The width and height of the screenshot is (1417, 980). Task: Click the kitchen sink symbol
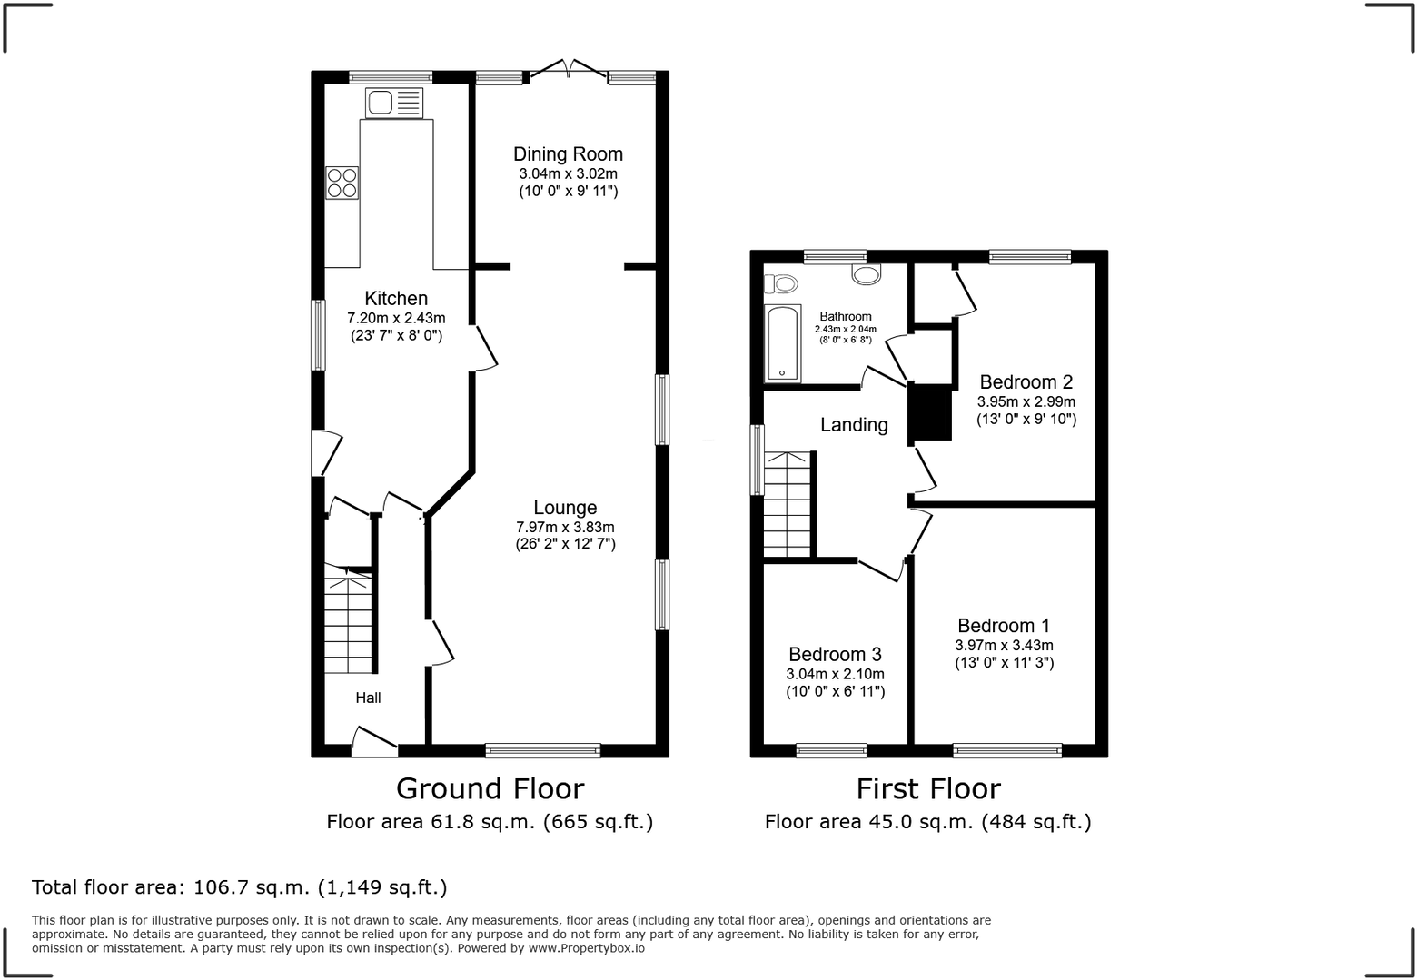click(x=394, y=103)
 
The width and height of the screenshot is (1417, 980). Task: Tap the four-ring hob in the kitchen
click(x=342, y=183)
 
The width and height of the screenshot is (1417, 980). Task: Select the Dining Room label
click(x=568, y=154)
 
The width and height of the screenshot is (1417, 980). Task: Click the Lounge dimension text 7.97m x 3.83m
click(x=565, y=527)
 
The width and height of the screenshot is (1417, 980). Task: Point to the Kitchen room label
click(x=396, y=298)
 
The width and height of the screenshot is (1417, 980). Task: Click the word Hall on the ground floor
click(x=368, y=698)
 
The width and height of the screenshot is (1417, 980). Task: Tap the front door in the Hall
click(x=374, y=741)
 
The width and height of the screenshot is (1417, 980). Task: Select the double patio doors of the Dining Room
click(x=568, y=70)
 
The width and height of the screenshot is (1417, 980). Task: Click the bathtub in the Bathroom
click(x=782, y=343)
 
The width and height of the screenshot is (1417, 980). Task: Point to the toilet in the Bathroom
click(x=779, y=284)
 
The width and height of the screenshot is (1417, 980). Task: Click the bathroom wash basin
click(x=867, y=273)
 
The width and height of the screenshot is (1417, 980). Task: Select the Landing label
click(x=854, y=424)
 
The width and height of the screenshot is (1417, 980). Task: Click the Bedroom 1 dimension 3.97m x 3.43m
click(x=1004, y=645)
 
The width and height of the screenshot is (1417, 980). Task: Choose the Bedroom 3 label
click(x=835, y=654)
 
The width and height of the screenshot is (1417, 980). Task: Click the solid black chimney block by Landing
click(x=930, y=412)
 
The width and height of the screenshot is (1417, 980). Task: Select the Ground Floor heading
click(x=490, y=788)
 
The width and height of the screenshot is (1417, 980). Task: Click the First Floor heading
click(x=928, y=788)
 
